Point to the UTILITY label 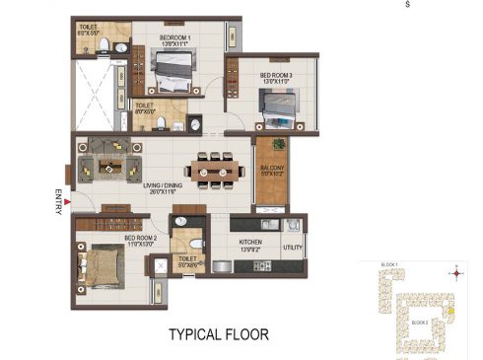click(x=293, y=248)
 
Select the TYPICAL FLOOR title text click(x=217, y=334)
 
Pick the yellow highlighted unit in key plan click(x=450, y=315)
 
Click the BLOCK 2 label click(x=419, y=323)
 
